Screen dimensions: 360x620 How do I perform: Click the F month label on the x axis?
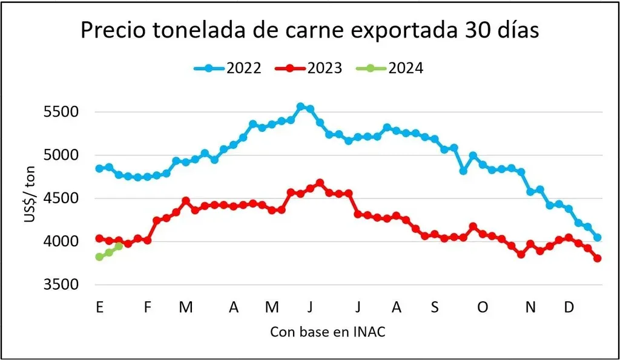pos(147,307)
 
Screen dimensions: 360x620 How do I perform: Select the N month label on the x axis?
pos(530,307)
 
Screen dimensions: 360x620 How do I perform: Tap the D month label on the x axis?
pos(569,307)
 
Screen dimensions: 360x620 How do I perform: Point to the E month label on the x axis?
pos(99,307)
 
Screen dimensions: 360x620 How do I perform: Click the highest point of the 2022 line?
pos(300,106)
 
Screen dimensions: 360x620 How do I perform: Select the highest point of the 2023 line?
pos(320,183)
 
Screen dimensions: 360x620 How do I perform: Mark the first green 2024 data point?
pos(99,257)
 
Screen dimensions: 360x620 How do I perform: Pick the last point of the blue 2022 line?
pos(598,238)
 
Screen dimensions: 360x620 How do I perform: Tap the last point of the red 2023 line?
pos(598,258)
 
